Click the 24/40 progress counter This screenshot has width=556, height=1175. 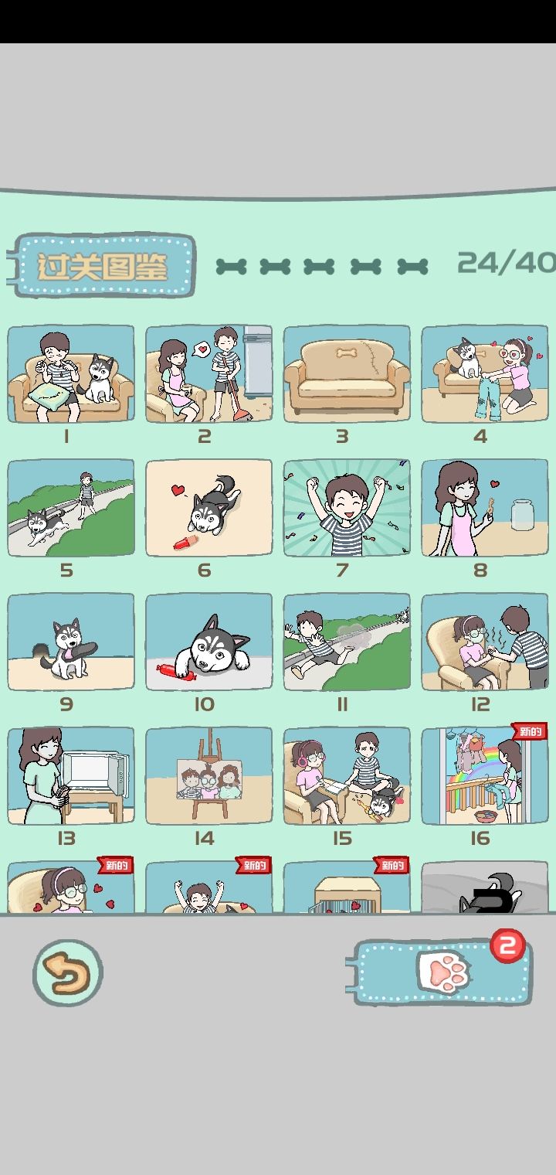click(x=507, y=263)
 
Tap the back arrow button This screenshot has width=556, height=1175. click(x=68, y=972)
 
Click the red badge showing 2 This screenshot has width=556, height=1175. click(x=507, y=945)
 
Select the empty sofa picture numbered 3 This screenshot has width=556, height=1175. click(x=347, y=373)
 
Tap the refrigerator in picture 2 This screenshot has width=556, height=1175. click(x=258, y=363)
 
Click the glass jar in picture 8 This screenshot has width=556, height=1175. click(x=522, y=516)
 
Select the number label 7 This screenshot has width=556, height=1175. click(x=342, y=570)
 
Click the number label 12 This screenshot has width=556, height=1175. click(x=480, y=704)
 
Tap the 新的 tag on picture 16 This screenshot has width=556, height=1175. click(x=529, y=731)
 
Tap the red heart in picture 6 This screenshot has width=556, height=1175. click(x=178, y=490)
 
